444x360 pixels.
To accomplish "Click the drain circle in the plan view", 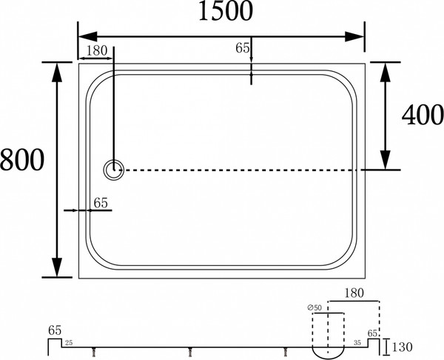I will pyautogui.click(x=114, y=170).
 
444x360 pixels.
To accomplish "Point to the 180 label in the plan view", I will pyautogui.click(x=97, y=51).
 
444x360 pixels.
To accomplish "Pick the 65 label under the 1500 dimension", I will pyautogui.click(x=242, y=48).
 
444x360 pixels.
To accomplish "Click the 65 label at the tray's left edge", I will pyautogui.click(x=101, y=201).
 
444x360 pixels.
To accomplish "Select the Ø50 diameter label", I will pyautogui.click(x=314, y=307).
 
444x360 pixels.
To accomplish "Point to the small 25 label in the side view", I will pyautogui.click(x=68, y=343).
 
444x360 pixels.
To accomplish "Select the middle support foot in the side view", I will pyautogui.click(x=192, y=353).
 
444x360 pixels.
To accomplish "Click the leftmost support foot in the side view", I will pyautogui.click(x=92, y=353).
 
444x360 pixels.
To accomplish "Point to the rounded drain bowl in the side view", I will pyautogui.click(x=329, y=345).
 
